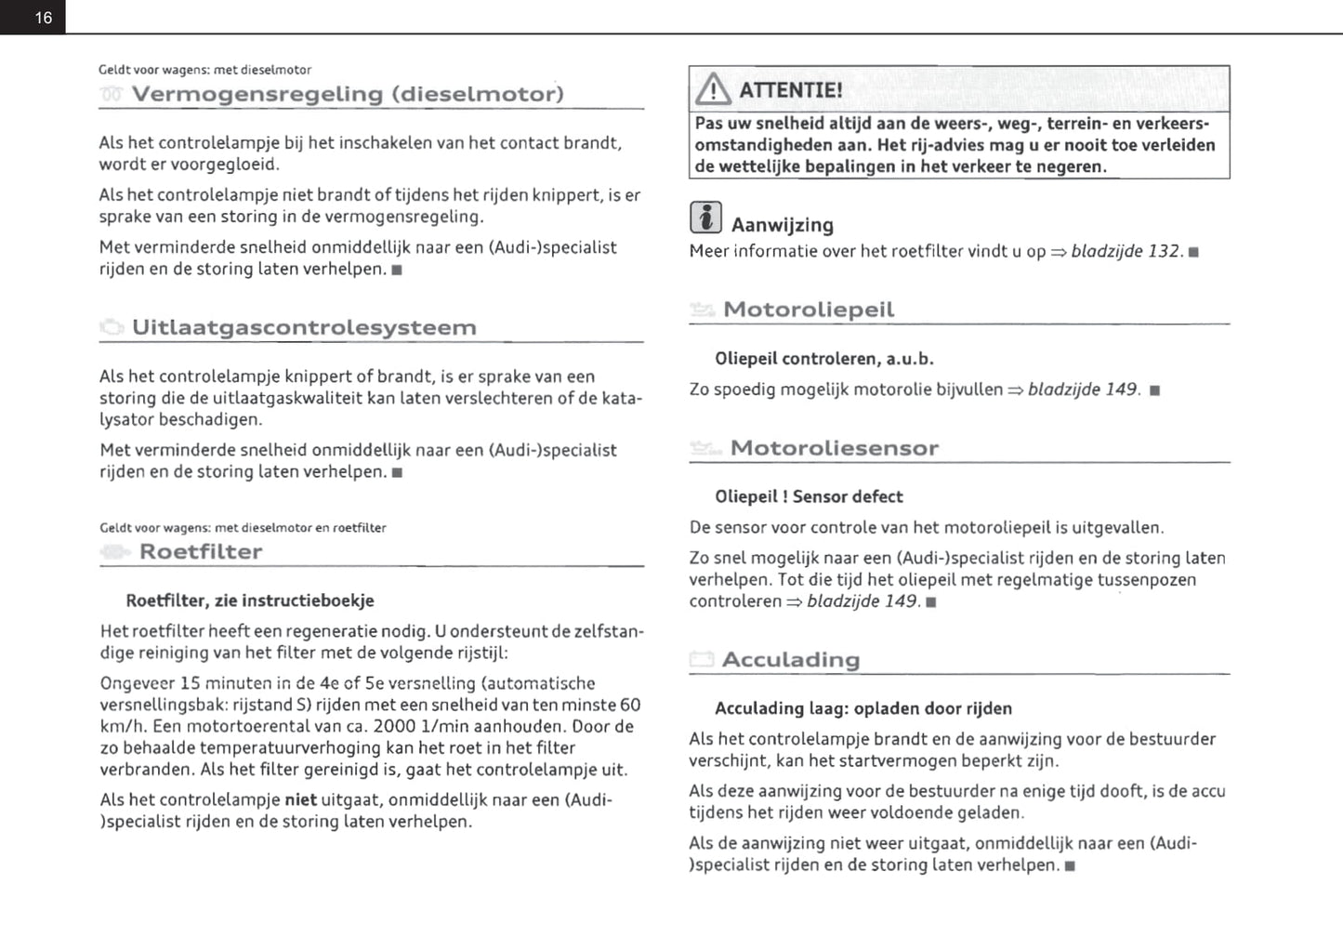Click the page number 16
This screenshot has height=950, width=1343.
point(44,18)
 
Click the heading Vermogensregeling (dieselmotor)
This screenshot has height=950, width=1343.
point(348,94)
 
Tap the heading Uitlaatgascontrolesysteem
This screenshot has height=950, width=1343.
point(304,327)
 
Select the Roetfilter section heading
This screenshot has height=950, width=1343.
point(201,551)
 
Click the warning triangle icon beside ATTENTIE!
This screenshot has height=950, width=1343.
point(713,89)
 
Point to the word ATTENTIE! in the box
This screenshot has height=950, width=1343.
point(791,90)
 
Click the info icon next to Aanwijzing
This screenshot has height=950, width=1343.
point(705,218)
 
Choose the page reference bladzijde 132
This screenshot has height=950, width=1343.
point(1125,251)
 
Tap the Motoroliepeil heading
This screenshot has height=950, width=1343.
point(809,310)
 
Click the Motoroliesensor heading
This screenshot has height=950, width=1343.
point(834,448)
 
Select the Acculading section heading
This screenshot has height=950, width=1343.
point(790,660)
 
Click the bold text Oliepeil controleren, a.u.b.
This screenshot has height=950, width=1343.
point(824,359)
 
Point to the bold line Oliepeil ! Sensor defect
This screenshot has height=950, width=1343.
point(809,496)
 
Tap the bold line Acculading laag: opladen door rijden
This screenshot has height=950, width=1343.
point(863,708)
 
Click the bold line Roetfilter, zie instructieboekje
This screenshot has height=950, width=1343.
point(250,600)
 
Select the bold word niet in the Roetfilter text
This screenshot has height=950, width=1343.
point(300,799)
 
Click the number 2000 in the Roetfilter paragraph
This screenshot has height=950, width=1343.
point(394,726)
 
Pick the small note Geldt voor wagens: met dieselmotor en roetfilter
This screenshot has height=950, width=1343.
point(243,528)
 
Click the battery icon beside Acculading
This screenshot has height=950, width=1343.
point(702,660)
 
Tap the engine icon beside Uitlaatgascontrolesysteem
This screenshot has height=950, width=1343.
point(112,327)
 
